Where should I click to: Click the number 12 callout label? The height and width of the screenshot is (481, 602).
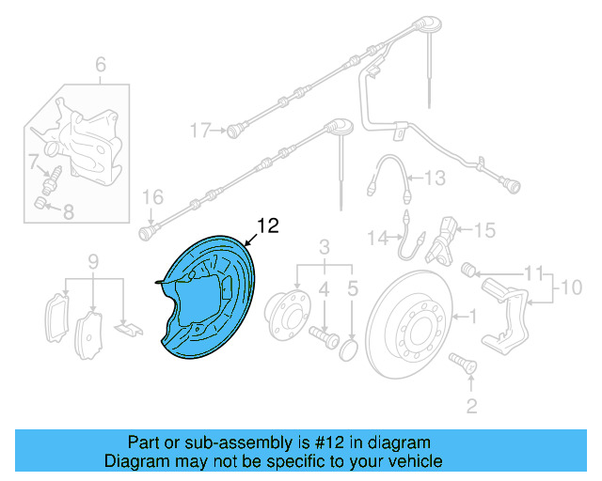[x=268, y=225]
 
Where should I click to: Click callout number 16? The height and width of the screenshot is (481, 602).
[x=152, y=197]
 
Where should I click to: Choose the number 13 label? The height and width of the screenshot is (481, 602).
[x=433, y=177]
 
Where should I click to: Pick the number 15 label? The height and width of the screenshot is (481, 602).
[x=483, y=229]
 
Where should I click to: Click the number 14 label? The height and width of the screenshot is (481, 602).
[x=377, y=239]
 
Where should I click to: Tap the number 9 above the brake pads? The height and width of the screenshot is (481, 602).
[x=93, y=260]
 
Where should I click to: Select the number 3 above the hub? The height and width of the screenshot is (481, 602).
[x=325, y=247]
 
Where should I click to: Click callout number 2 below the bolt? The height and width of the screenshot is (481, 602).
[x=471, y=406]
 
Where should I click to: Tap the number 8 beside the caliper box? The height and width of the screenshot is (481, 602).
[x=68, y=212]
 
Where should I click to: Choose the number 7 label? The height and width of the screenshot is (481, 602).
[x=31, y=162]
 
